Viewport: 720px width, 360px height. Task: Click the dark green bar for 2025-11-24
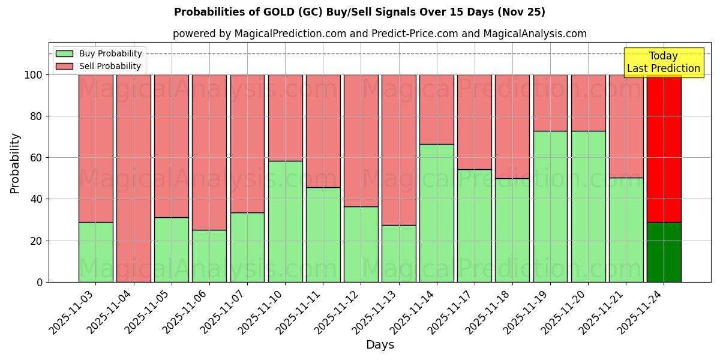(x=664, y=252)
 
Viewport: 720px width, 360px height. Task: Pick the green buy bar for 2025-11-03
(x=95, y=252)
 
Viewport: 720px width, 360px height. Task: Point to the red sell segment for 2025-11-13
(x=398, y=150)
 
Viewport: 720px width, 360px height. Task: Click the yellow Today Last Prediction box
(x=663, y=62)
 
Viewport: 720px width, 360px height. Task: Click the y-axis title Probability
(x=15, y=163)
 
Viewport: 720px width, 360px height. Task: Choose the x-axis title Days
(x=380, y=345)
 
